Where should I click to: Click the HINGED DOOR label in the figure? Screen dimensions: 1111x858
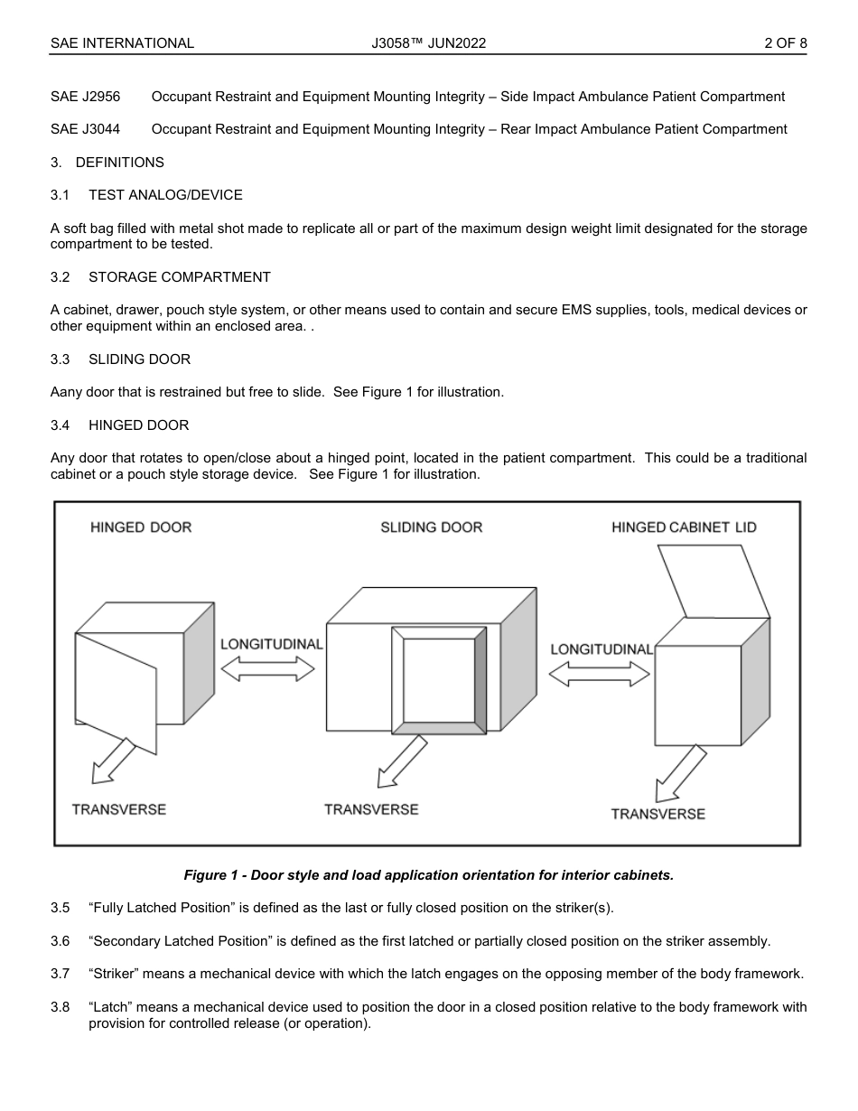(x=141, y=527)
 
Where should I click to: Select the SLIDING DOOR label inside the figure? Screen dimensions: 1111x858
(x=431, y=527)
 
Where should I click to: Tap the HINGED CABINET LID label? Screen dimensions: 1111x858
(x=684, y=527)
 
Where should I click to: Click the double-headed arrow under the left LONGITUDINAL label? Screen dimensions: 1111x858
(x=267, y=668)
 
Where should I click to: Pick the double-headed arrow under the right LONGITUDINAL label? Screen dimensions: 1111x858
(x=600, y=674)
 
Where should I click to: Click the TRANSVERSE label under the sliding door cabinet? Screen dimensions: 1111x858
(x=371, y=809)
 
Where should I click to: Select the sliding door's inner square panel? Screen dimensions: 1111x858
(x=438, y=680)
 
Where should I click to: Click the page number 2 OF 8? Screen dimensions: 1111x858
(x=785, y=42)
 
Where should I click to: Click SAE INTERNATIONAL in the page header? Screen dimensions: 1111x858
(x=122, y=42)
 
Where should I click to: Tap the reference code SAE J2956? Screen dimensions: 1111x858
(x=85, y=97)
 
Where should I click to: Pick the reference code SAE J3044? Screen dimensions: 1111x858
(x=85, y=129)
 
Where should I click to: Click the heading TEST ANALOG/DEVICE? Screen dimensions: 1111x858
(x=165, y=195)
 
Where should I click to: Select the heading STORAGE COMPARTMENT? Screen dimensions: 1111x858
(x=179, y=277)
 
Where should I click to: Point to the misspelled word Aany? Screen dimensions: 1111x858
(x=66, y=392)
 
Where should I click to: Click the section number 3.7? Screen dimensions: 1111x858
(x=60, y=974)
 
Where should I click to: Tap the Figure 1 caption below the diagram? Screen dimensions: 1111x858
(x=428, y=875)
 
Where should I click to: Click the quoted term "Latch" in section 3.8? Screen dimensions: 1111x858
(x=110, y=1006)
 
